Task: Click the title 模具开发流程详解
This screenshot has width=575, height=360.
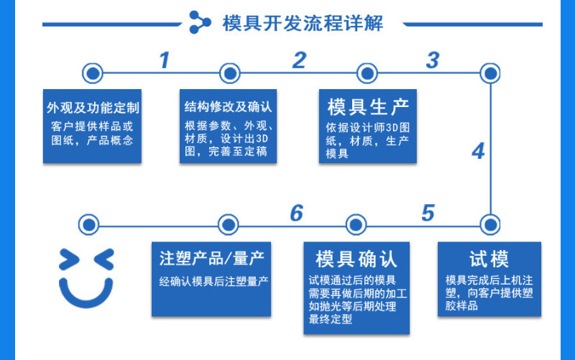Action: tap(303, 24)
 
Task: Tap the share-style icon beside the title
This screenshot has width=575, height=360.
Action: tap(200, 22)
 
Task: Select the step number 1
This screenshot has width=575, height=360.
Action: tap(165, 60)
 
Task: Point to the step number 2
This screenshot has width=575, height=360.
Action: tap(299, 60)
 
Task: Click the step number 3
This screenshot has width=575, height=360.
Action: tap(433, 60)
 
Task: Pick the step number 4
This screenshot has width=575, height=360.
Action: tap(478, 151)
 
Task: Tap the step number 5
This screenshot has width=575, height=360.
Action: tap(428, 213)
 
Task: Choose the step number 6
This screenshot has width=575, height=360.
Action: tap(297, 213)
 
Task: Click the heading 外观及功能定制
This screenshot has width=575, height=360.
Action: tap(93, 108)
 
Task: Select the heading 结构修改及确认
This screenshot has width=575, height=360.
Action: tap(228, 106)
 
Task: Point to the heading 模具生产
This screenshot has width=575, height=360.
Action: tap(368, 107)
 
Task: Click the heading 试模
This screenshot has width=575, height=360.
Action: tap(489, 259)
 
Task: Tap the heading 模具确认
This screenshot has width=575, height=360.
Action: tap(356, 259)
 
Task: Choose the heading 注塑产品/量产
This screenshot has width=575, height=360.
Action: tap(211, 259)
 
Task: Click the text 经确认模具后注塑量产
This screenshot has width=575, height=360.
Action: tap(213, 282)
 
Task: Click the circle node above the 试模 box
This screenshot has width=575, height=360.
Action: tap(490, 224)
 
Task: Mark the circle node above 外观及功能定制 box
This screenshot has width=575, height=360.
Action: tap(93, 73)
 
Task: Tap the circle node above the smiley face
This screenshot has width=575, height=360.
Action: tap(88, 224)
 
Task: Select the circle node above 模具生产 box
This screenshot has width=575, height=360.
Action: tap(367, 73)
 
